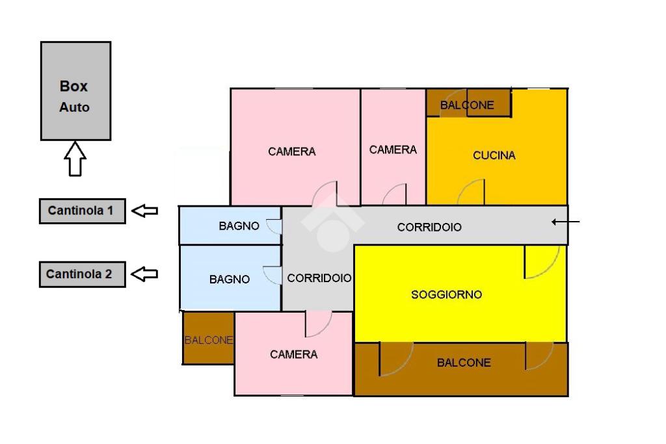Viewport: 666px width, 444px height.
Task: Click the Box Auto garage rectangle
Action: pyautogui.click(x=75, y=91)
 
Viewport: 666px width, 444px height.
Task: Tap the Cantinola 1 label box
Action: pyautogui.click(x=82, y=211)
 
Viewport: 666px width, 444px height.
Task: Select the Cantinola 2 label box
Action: pyautogui.click(x=82, y=274)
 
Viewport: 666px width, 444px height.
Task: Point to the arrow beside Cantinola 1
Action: pyautogui.click(x=145, y=211)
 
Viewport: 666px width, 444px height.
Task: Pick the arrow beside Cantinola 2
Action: pyautogui.click(x=145, y=274)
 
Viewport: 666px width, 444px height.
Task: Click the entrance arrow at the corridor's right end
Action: pyautogui.click(x=565, y=222)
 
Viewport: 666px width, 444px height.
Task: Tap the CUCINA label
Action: pyautogui.click(x=494, y=155)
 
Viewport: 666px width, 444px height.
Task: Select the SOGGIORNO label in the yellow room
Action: pyautogui.click(x=447, y=294)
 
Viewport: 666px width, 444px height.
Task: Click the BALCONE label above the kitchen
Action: pyautogui.click(x=467, y=105)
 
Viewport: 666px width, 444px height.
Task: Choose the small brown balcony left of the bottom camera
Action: pyautogui.click(x=208, y=339)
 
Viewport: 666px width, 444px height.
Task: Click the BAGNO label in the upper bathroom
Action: pyautogui.click(x=239, y=226)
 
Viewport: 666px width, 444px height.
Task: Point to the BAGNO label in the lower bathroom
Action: pyautogui.click(x=230, y=279)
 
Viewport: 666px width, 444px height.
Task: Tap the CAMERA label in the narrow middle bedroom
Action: pyautogui.click(x=393, y=150)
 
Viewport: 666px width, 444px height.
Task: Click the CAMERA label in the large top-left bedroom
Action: pyautogui.click(x=292, y=151)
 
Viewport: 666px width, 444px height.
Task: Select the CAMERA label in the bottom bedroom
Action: pyautogui.click(x=294, y=354)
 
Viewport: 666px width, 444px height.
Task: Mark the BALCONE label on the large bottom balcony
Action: pyautogui.click(x=464, y=363)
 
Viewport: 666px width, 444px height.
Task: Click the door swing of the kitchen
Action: pyautogui.click(x=471, y=192)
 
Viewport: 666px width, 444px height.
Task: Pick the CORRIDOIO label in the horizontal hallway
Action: pyautogui.click(x=429, y=228)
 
